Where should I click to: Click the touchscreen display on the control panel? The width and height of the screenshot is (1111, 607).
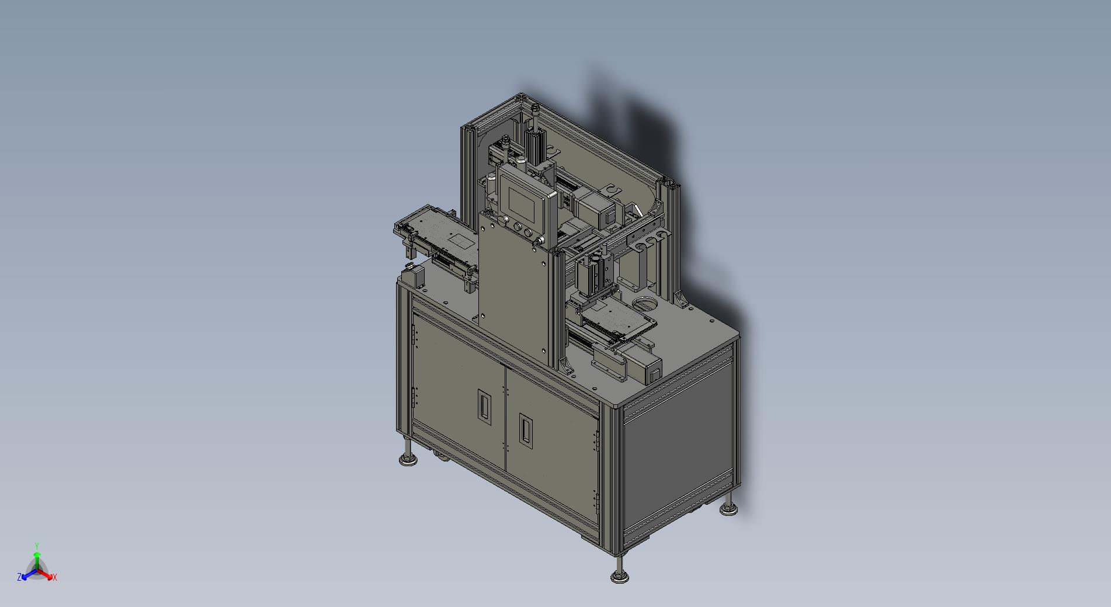pos(524,200)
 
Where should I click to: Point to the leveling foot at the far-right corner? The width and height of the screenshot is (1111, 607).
pos(728,505)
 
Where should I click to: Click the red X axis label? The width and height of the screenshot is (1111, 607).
pos(55,577)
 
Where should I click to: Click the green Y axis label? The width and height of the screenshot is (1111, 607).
pos(37,546)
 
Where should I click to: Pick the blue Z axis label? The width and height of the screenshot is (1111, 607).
pos(19,577)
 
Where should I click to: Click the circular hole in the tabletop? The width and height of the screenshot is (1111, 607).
pos(645,304)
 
